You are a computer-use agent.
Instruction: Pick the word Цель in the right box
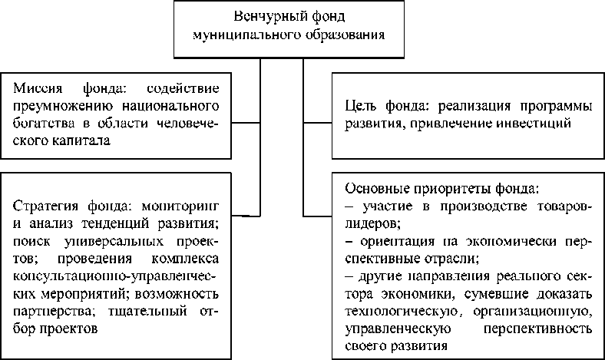pos(360,104)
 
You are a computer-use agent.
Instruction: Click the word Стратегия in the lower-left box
pos(45,206)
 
